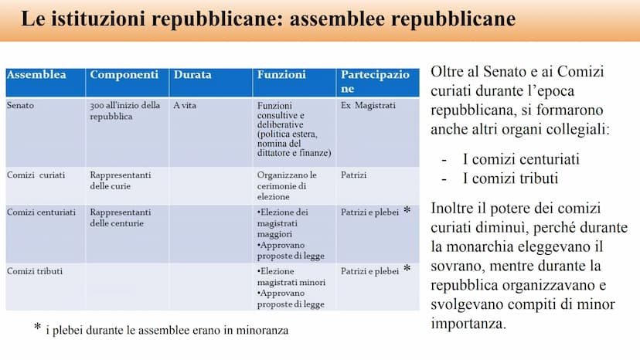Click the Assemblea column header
click(36, 76)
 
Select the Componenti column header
click(124, 76)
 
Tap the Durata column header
click(192, 76)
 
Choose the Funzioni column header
click(281, 76)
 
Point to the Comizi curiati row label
click(36, 175)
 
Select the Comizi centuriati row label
click(42, 212)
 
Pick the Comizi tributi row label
click(35, 271)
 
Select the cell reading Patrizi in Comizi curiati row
click(353, 175)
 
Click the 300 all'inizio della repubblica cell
click(124, 110)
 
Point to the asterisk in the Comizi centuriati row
click(407, 211)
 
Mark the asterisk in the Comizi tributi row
click(407, 270)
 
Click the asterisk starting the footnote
click(37, 328)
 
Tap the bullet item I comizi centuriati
click(521, 159)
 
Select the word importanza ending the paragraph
click(468, 324)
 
